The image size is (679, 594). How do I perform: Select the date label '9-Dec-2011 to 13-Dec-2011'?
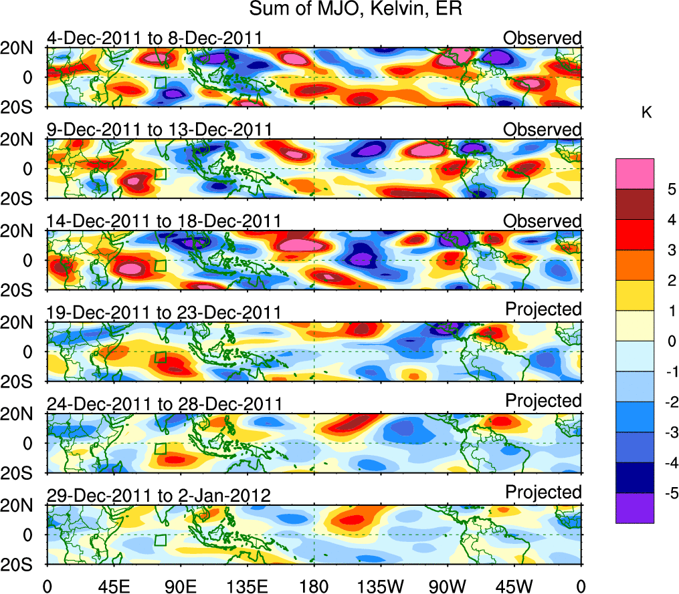pyautogui.click(x=159, y=130)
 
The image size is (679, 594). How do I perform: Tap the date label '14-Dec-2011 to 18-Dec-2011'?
pyautogui.click(x=164, y=221)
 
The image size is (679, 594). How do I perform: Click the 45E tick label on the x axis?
pyautogui.click(x=113, y=586)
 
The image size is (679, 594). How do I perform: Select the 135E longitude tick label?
pyautogui.click(x=247, y=586)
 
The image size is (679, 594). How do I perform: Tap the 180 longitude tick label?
pyautogui.click(x=314, y=586)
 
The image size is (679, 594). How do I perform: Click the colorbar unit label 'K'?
pyautogui.click(x=647, y=113)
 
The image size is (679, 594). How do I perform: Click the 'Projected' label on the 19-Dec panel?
pyautogui.click(x=543, y=309)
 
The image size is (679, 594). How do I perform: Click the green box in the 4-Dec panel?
pyautogui.click(x=161, y=82)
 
